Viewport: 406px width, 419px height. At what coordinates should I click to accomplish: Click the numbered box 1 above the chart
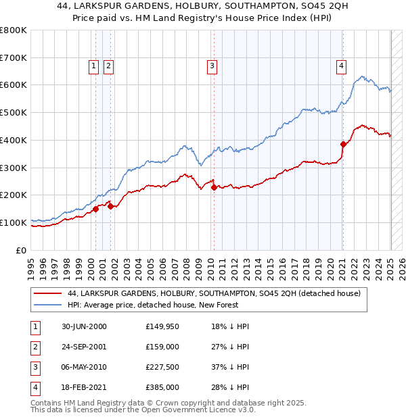pos(94,66)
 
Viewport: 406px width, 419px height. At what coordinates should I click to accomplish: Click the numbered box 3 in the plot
pos(212,66)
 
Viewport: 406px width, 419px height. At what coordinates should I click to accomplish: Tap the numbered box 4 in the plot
pos(342,66)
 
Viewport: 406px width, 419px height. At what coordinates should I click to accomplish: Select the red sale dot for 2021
pos(343,144)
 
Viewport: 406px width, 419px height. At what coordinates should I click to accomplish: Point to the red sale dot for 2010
pos(214,187)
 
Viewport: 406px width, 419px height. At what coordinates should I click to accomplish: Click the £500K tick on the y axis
pos(15,113)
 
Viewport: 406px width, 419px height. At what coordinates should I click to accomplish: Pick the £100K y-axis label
pos(15,222)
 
